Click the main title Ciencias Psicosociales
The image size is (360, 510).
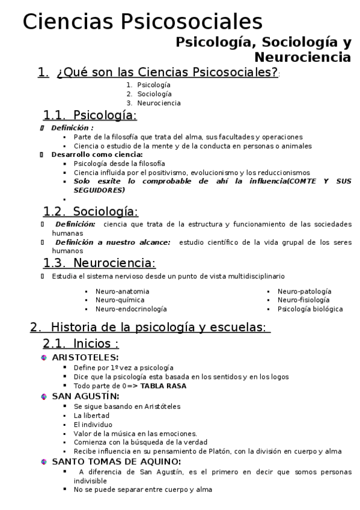click(142, 22)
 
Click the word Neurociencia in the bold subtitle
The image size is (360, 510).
click(302, 58)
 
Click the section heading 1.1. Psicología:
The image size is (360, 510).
click(90, 115)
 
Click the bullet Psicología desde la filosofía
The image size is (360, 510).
click(119, 164)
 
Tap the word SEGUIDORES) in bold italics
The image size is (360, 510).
click(99, 190)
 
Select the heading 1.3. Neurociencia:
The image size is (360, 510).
click(99, 263)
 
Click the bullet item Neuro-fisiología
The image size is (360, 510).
click(303, 300)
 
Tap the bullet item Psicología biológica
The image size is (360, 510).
click(310, 309)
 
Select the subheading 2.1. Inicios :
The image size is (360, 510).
click(81, 344)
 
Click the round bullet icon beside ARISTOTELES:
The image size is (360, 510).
click(44, 358)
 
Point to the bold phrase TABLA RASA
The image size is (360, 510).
click(163, 386)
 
